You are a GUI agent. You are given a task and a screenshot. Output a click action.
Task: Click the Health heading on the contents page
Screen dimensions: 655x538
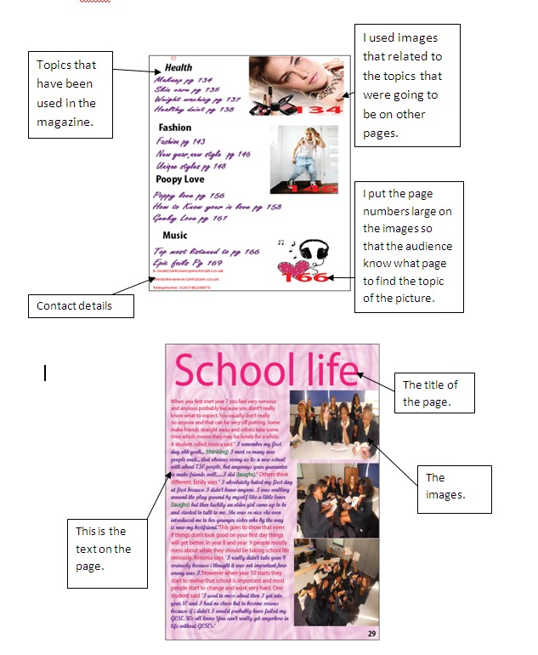pyautogui.click(x=178, y=67)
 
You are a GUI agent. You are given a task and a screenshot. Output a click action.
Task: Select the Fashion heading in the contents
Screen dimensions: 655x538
pyautogui.click(x=175, y=128)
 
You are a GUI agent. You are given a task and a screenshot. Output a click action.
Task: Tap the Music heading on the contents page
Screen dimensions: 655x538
pyautogui.click(x=175, y=235)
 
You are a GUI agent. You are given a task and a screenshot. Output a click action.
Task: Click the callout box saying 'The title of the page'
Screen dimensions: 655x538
pyautogui.click(x=435, y=393)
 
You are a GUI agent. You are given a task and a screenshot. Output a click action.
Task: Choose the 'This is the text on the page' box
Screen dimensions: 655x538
pyautogui.click(x=104, y=550)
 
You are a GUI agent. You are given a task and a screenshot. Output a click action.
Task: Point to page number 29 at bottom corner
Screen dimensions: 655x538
pyautogui.click(x=372, y=633)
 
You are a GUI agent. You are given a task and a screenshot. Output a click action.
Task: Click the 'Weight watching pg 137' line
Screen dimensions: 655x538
pyautogui.click(x=197, y=100)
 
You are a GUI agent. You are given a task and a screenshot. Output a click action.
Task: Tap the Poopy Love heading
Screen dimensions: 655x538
pyautogui.click(x=179, y=179)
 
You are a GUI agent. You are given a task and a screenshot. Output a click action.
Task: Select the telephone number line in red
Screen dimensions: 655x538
pyautogui.click(x=181, y=288)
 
